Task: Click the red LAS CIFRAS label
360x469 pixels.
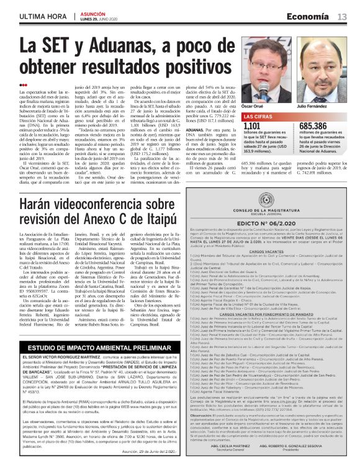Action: [256, 116]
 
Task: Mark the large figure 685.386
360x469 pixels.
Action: [312, 126]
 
